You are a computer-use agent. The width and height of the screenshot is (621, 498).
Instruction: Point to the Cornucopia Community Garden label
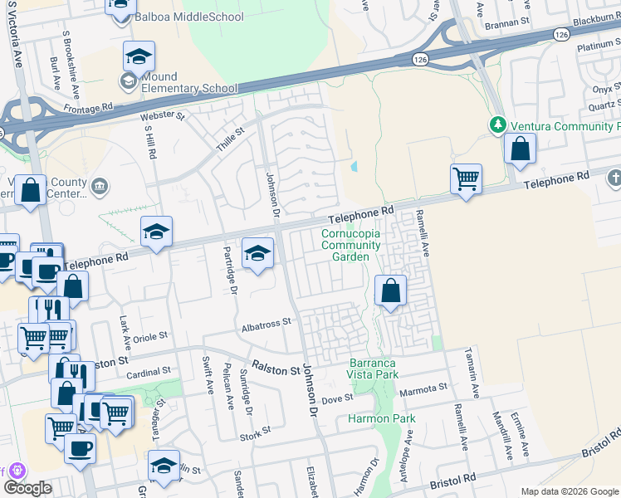pyautogui.click(x=350, y=245)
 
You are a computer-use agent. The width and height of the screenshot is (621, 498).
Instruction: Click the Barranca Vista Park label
pyautogui.click(x=373, y=369)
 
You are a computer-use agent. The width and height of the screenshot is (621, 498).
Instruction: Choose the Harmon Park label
pyautogui.click(x=381, y=418)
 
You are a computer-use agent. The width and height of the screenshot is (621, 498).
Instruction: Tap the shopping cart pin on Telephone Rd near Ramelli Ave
pyautogui.click(x=466, y=178)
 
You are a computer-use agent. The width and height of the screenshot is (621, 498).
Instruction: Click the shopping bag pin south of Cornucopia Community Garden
pyautogui.click(x=389, y=291)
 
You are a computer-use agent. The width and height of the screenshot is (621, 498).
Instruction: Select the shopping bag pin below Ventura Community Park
pyautogui.click(x=520, y=150)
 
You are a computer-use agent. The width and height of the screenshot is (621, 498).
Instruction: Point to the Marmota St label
pyautogui.click(x=423, y=387)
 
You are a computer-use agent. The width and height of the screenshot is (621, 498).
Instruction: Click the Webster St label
pyautogui.click(x=162, y=116)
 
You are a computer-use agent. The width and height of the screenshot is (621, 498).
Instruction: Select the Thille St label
pyautogui.click(x=232, y=132)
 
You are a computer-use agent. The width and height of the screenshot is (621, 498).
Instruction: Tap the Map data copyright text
pyautogui.click(x=570, y=491)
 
